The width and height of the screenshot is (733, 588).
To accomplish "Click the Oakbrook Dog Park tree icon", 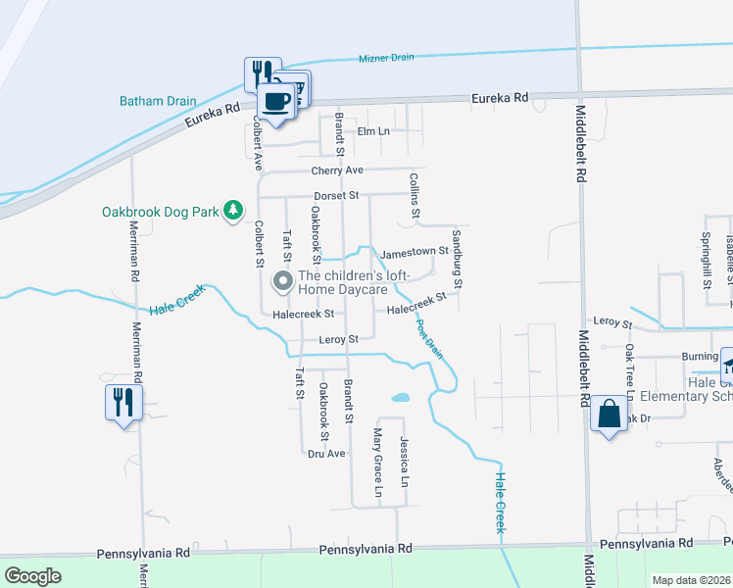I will pos(232,211).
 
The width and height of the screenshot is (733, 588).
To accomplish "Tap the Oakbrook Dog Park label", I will pos(162,212).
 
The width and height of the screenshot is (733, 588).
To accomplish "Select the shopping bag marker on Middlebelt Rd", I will pos(609,416).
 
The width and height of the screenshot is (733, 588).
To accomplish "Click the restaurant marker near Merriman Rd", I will pos(123,402).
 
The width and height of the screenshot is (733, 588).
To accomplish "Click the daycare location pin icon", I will pos(283,282).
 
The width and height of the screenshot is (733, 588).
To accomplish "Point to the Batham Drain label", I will pos(158,101).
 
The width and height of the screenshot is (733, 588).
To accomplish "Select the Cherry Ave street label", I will pos(337,171).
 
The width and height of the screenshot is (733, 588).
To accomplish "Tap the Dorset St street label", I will pos(337,195).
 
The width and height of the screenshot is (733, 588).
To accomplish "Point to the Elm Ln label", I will pos(372,131).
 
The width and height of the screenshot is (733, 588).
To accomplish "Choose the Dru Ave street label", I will pos(326,454).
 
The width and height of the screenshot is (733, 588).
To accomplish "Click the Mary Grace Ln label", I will pos(377,461).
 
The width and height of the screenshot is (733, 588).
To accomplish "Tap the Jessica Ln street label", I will pos(403,463).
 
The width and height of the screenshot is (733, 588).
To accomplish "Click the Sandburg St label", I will pos(456,259).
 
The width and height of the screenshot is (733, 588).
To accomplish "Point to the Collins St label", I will pos(415,195).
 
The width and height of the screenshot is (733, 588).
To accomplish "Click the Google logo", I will pos(33,576).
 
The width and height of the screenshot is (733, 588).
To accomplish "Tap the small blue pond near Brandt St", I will pos(400,399).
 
